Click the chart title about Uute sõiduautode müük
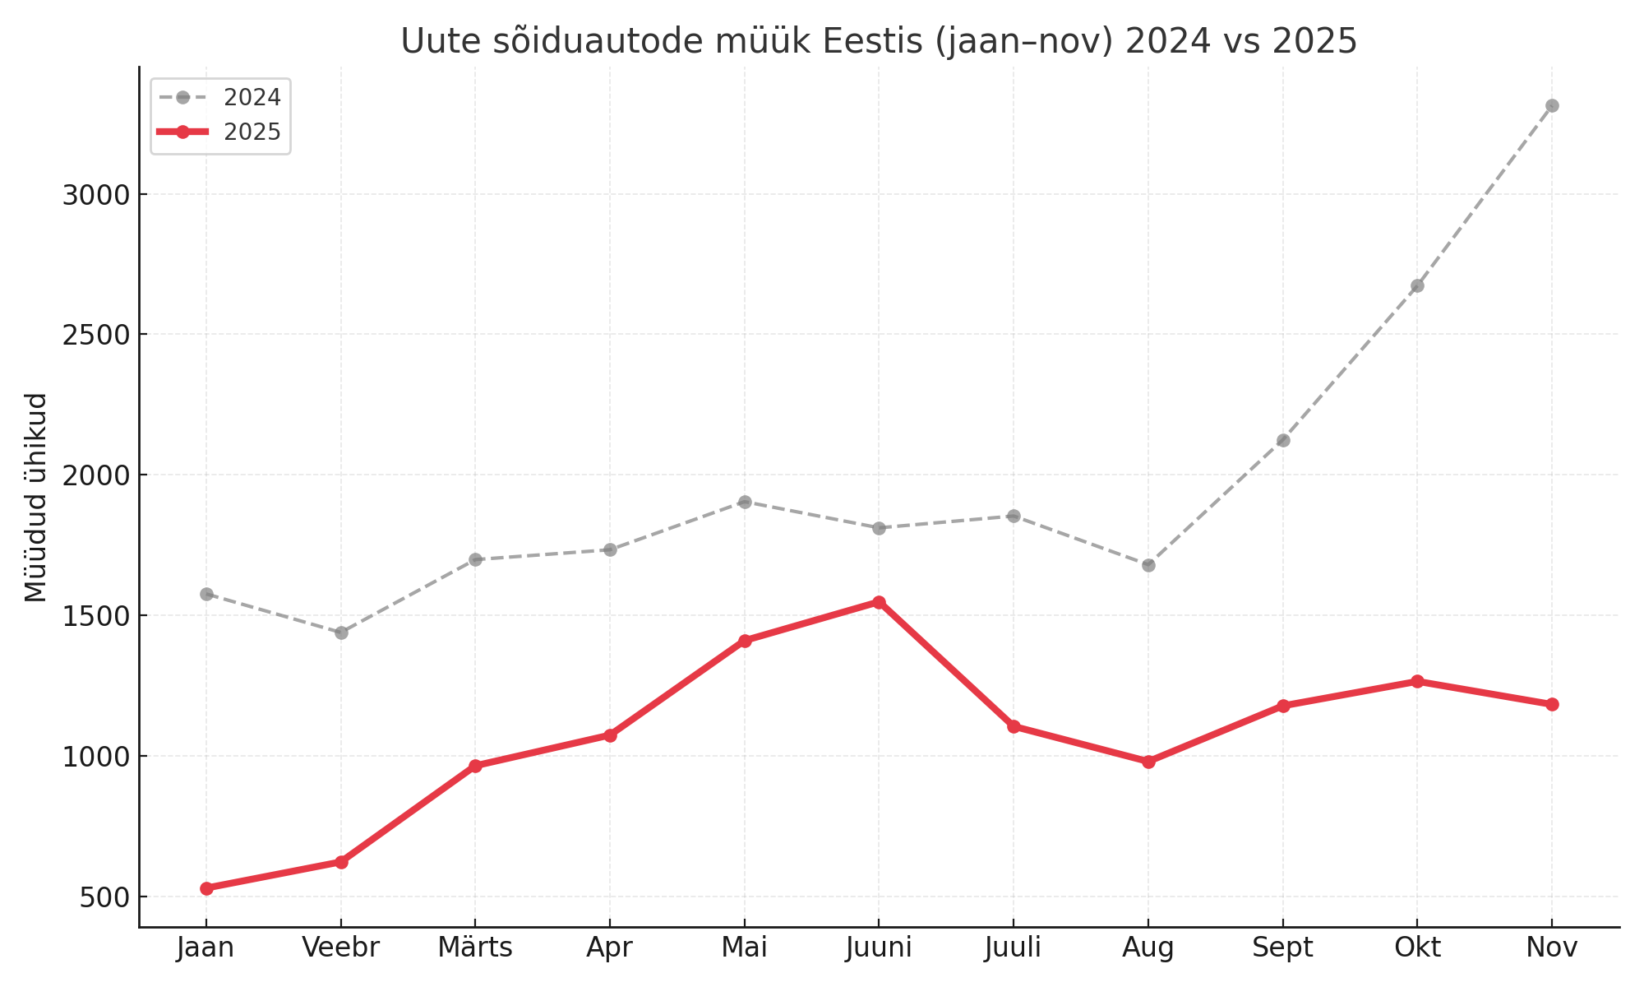pyautogui.click(x=878, y=41)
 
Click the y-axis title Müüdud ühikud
pyautogui.click(x=36, y=497)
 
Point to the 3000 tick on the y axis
pyautogui.click(x=96, y=195)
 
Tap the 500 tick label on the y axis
pyautogui.click(x=104, y=897)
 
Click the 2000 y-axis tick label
pyautogui.click(x=96, y=475)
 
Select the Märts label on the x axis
pyautogui.click(x=475, y=948)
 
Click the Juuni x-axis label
pyautogui.click(x=879, y=948)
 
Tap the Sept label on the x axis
pyautogui.click(x=1282, y=948)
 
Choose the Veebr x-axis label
pyautogui.click(x=340, y=948)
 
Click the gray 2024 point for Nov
pyautogui.click(x=1552, y=105)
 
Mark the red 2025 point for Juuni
pyautogui.click(x=879, y=602)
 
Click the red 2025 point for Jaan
pyautogui.click(x=206, y=888)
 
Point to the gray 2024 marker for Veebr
pyautogui.click(x=341, y=633)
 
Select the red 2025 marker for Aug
pyautogui.click(x=1148, y=762)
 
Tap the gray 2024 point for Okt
pyautogui.click(x=1417, y=285)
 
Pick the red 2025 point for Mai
pyautogui.click(x=745, y=641)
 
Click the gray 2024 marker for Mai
pyautogui.click(x=745, y=502)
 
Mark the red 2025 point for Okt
pyautogui.click(x=1417, y=681)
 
